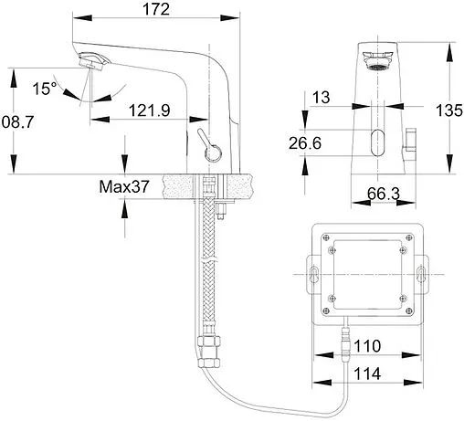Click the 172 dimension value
click(x=156, y=9)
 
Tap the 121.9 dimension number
click(x=149, y=111)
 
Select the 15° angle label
click(x=45, y=89)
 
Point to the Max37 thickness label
click(x=124, y=186)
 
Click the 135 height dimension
click(x=449, y=111)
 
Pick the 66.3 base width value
click(x=384, y=194)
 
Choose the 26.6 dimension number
click(x=305, y=143)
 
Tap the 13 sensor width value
click(x=322, y=98)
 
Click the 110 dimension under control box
click(x=367, y=346)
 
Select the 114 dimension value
click(x=367, y=374)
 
